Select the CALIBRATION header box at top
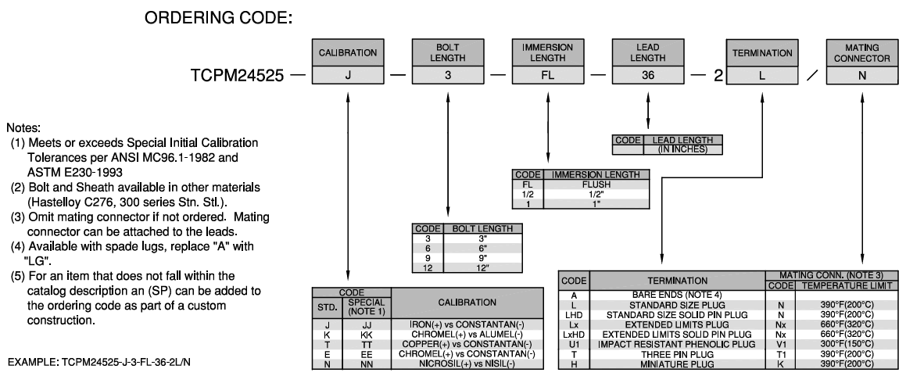click(347, 53)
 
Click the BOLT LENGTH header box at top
click(448, 53)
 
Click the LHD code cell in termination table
click(574, 315)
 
